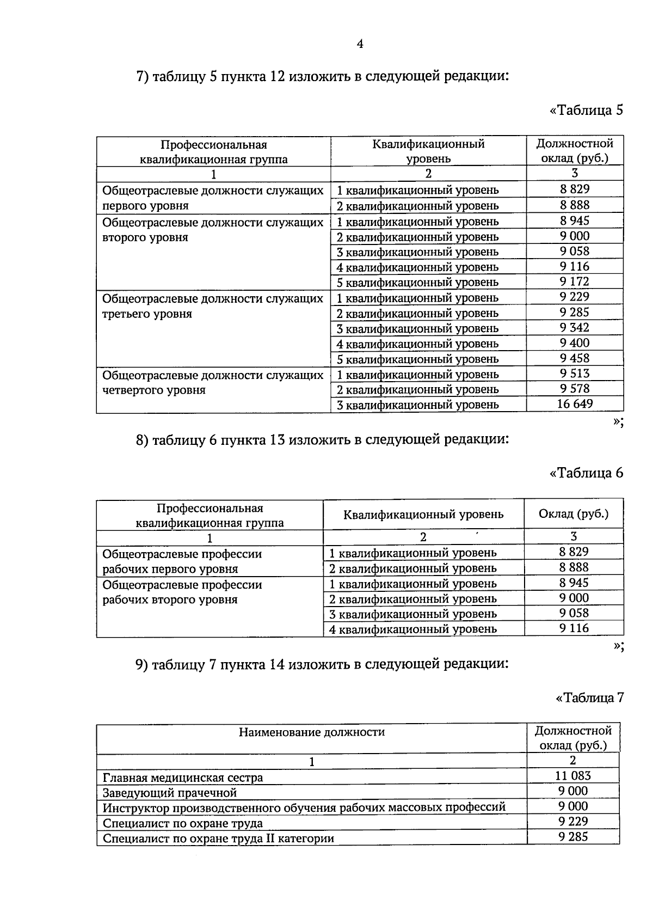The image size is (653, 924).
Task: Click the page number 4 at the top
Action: tap(360, 44)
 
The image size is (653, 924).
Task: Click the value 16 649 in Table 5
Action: tap(575, 404)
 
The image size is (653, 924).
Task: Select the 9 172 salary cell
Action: tap(575, 282)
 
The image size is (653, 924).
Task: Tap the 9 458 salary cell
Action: tap(575, 358)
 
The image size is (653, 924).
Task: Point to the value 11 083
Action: tap(573, 776)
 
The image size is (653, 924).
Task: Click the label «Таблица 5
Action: tap(586, 111)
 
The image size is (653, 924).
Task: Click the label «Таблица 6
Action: tap(586, 473)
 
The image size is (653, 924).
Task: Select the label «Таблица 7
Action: tap(589, 697)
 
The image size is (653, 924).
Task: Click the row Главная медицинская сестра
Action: tap(183, 778)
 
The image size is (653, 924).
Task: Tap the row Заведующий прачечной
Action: tap(170, 793)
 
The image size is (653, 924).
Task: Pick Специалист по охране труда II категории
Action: tap(218, 839)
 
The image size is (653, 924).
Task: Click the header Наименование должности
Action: tap(311, 732)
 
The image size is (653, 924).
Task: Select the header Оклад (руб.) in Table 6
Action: tap(573, 514)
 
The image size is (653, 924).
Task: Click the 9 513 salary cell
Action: tap(575, 374)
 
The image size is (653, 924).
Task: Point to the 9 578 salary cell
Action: tap(575, 389)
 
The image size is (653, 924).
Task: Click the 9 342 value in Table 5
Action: tap(575, 328)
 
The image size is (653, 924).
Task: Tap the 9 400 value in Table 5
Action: tap(575, 343)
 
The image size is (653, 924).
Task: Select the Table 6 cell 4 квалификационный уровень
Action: tap(413, 629)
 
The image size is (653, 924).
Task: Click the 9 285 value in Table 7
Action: tap(573, 837)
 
